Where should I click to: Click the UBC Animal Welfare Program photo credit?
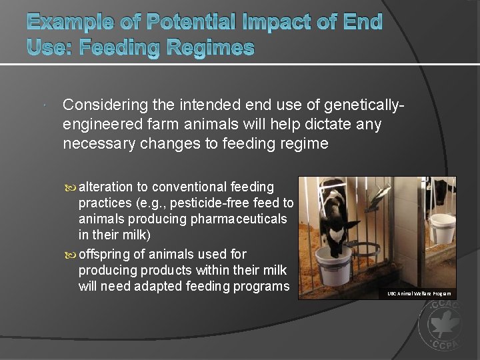(419, 293)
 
